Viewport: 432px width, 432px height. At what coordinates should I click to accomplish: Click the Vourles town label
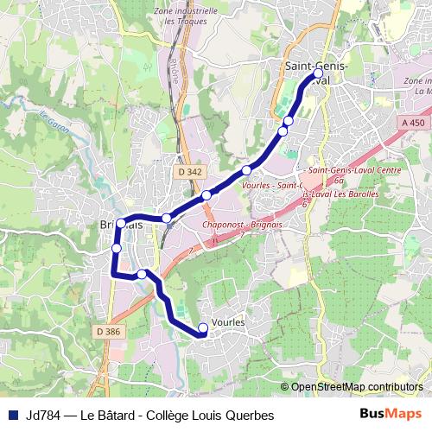coord(228,321)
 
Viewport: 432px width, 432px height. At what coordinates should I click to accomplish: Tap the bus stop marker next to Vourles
coord(203,327)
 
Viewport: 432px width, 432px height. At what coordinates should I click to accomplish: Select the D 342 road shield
coord(191,172)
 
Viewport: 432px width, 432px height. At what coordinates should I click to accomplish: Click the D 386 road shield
coord(108,331)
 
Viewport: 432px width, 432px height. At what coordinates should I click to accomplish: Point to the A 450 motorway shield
coord(413,123)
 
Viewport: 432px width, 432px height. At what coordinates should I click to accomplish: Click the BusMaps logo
coord(390,415)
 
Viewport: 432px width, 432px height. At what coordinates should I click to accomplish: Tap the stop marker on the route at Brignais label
coord(120,223)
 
